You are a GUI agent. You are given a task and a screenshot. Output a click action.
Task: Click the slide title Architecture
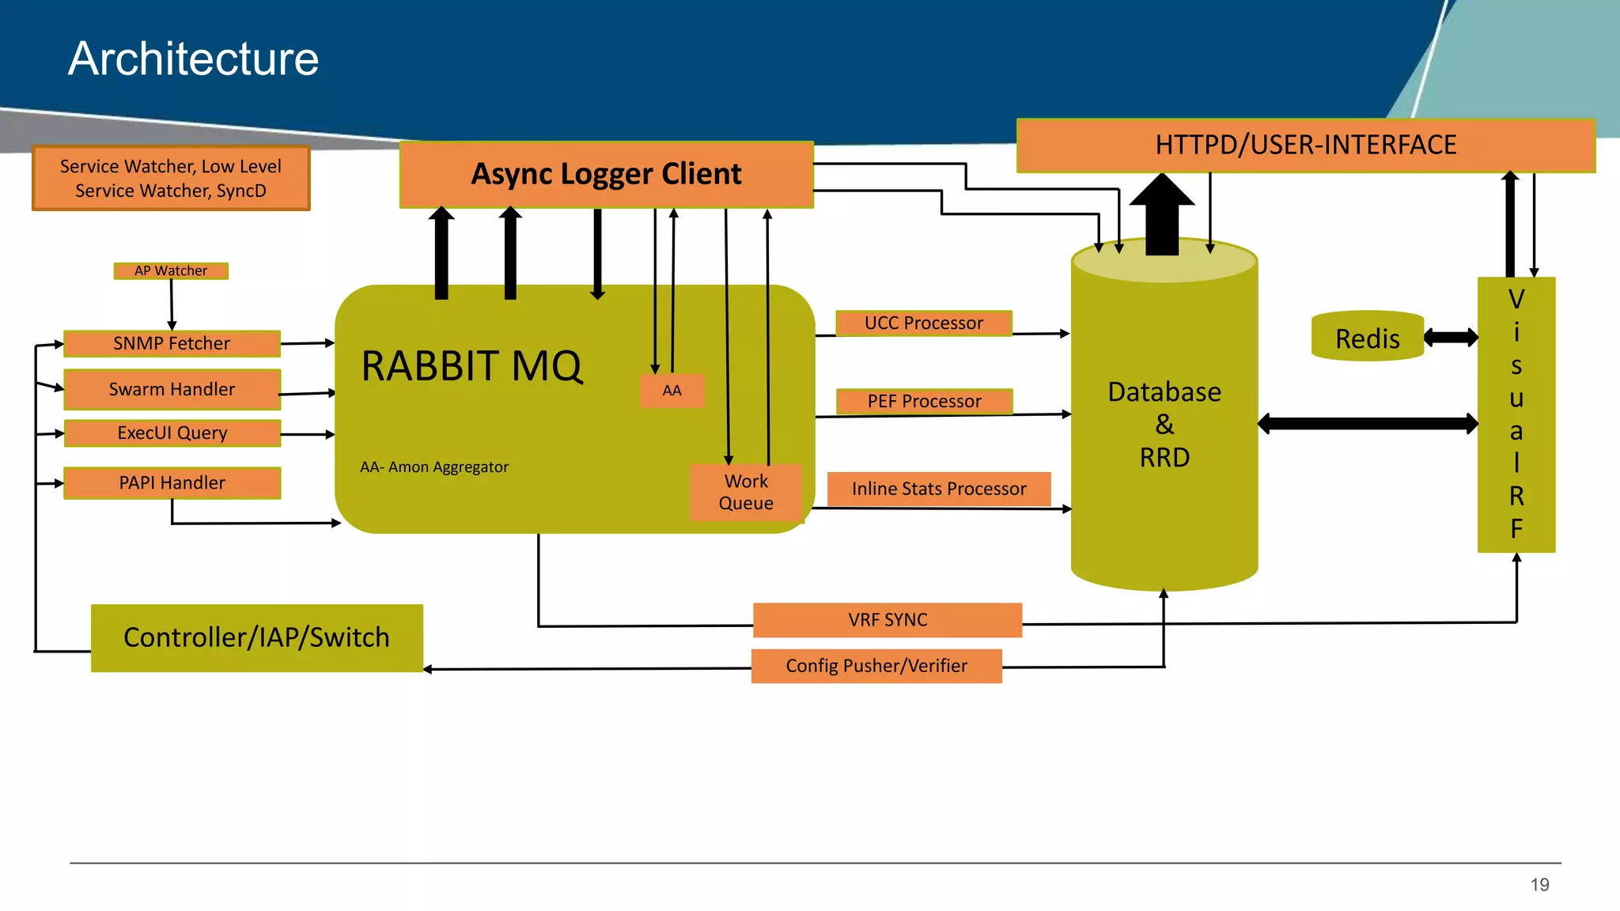tap(193, 59)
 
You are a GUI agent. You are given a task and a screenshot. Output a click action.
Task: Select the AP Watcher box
tap(171, 271)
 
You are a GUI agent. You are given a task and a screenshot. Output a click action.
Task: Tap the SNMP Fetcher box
tap(172, 344)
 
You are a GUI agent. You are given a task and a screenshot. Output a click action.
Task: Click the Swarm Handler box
tap(172, 389)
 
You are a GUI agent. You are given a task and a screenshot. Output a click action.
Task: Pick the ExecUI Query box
tap(172, 433)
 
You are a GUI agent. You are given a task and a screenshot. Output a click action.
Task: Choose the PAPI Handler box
tap(172, 483)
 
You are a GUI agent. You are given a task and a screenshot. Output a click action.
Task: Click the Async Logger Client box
tap(606, 175)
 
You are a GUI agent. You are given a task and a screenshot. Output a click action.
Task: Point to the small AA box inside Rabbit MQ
tap(672, 391)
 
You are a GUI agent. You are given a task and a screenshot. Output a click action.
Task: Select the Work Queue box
tap(746, 492)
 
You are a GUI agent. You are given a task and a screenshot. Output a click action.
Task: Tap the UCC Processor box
tap(923, 323)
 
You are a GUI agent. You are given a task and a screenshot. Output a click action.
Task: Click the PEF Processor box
tap(924, 402)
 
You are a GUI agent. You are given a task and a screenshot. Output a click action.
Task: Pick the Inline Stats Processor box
tap(938, 489)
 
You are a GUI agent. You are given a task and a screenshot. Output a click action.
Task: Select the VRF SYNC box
tap(888, 620)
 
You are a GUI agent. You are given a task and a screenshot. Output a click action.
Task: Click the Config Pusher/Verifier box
tap(876, 666)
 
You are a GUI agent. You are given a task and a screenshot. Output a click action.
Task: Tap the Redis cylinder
tap(1367, 338)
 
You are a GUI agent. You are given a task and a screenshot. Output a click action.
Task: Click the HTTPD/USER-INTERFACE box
tap(1305, 146)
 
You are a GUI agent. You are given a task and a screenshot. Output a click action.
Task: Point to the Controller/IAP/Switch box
tap(256, 638)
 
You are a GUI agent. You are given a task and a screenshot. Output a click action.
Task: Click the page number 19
tap(1539, 885)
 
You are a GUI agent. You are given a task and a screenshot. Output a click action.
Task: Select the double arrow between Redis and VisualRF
tap(1451, 338)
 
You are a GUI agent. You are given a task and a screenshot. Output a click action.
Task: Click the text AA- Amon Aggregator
tap(434, 467)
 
